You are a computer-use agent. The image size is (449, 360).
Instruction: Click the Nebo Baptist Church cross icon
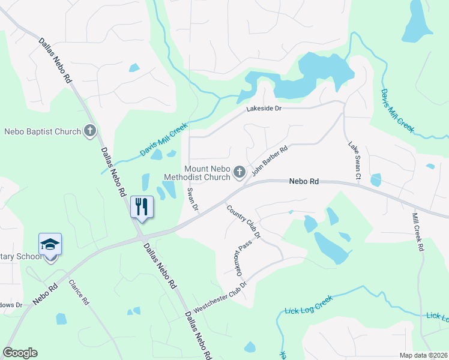click(90, 131)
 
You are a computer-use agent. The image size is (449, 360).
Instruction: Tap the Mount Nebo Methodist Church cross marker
click(239, 173)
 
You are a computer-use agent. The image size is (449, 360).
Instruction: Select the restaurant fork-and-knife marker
click(142, 207)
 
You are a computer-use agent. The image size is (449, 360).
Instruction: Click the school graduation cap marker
click(50, 245)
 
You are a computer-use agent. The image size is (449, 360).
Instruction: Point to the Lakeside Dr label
click(264, 109)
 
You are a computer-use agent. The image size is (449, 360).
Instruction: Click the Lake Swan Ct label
click(354, 161)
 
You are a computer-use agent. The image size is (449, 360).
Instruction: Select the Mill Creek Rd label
click(418, 231)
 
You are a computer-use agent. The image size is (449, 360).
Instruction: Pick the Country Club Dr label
click(244, 222)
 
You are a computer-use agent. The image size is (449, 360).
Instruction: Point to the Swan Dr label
click(192, 200)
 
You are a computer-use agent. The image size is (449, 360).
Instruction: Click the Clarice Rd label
click(79, 292)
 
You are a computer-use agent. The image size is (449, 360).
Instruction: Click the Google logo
click(20, 353)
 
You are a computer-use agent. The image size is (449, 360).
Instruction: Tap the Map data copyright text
click(423, 355)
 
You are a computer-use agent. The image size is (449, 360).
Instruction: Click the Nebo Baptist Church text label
click(43, 131)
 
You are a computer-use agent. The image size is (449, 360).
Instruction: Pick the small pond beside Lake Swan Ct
click(376, 179)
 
